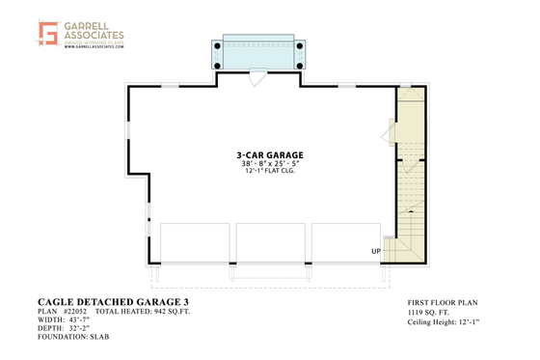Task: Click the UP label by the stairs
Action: pyautogui.click(x=375, y=252)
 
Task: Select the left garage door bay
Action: pyautogui.click(x=196, y=242)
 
